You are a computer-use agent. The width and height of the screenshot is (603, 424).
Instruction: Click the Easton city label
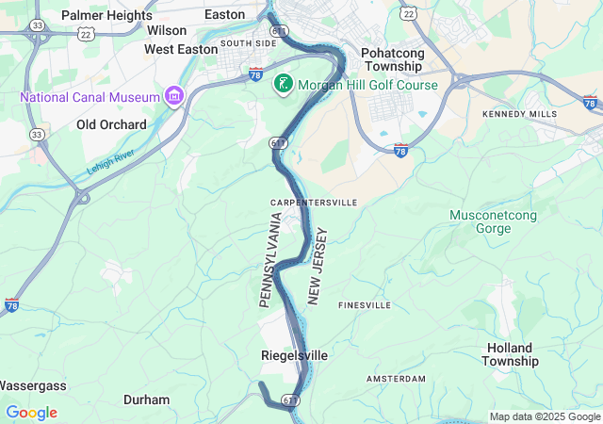(x=224, y=14)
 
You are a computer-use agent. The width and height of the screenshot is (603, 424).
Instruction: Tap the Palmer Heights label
(x=106, y=15)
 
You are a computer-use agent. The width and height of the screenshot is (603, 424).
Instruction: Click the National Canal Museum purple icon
(x=173, y=96)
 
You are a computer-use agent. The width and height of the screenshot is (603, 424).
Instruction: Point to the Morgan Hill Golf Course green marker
(x=282, y=84)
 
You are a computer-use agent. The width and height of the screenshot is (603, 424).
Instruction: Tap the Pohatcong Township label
(x=393, y=60)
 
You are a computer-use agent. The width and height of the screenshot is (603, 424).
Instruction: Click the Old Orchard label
(x=111, y=124)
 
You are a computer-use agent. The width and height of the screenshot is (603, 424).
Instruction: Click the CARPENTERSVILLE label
(x=314, y=203)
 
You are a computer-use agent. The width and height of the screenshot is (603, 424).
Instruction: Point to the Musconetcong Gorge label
(x=493, y=222)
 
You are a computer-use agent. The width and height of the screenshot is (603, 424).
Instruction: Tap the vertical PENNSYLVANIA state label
(x=270, y=260)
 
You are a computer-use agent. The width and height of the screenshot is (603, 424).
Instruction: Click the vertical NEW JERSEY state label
(x=319, y=266)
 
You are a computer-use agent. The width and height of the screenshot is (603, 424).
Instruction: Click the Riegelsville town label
(x=294, y=355)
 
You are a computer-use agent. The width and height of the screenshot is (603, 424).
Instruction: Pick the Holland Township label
(x=511, y=354)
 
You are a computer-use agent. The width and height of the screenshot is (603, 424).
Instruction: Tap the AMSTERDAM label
(x=395, y=379)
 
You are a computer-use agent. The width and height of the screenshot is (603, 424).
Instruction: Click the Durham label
(x=147, y=400)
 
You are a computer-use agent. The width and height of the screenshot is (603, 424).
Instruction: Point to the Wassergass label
(x=32, y=385)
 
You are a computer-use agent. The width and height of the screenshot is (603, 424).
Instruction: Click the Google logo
(x=31, y=413)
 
